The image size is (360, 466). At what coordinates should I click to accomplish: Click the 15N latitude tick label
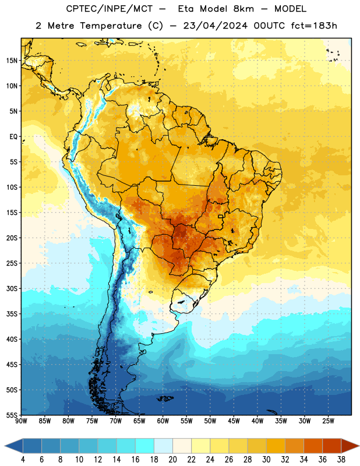coord(12,61)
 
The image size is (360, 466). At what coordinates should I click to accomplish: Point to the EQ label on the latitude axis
coord(13,137)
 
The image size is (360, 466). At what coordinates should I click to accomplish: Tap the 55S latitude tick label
coord(12,415)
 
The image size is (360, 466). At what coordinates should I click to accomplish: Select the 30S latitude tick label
coord(12,288)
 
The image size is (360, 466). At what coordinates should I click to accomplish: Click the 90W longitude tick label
coord(21,421)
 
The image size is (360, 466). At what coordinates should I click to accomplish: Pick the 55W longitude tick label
coord(186,421)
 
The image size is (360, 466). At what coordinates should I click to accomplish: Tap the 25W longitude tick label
coord(328,421)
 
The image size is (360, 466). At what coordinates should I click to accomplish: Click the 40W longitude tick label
coord(257,421)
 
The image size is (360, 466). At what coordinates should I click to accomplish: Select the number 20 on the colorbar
coord(172,460)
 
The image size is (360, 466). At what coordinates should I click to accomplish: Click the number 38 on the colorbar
coord(341,460)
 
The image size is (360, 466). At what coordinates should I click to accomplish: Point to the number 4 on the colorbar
coord(23,460)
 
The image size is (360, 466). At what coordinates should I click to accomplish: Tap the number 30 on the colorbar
coord(266,460)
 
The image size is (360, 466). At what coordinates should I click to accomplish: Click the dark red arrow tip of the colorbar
coord(359,446)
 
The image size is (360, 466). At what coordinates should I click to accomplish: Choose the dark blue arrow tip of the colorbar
coord(5,446)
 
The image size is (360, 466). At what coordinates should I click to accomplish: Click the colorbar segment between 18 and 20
coord(163,446)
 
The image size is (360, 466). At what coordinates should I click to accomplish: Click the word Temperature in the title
coord(111,26)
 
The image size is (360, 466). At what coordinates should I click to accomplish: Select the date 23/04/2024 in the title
coord(215,26)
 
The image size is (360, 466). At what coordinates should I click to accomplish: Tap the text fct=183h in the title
coord(313,26)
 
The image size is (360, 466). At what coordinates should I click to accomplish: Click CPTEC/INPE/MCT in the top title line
coord(110,9)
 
